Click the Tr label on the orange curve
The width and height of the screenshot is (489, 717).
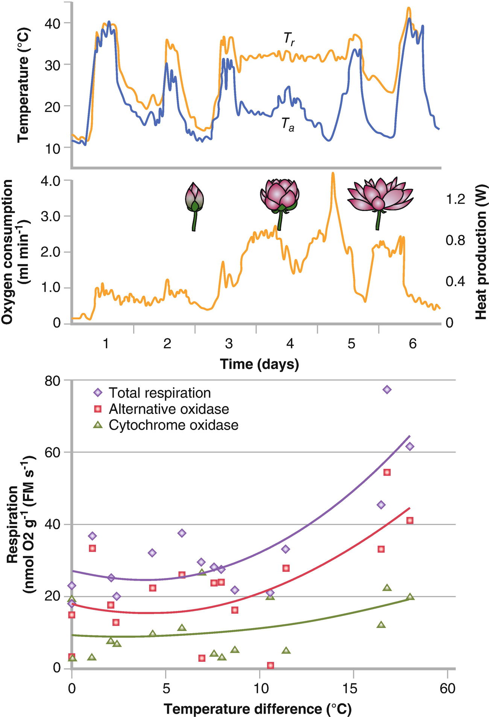coord(289,39)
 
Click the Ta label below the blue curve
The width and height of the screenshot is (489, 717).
coord(288,124)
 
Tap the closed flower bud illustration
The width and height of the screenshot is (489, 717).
coord(195,207)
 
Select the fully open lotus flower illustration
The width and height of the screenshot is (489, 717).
coord(380,203)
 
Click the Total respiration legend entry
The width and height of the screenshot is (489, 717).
coord(152,393)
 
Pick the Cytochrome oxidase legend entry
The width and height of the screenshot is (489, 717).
coord(166,425)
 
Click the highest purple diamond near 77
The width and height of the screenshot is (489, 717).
coord(387,389)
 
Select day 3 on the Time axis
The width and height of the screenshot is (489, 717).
coord(229,343)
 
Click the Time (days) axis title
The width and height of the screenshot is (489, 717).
coord(260,364)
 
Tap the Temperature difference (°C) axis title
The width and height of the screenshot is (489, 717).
coord(258,709)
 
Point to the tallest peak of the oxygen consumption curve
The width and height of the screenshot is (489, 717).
coord(333,174)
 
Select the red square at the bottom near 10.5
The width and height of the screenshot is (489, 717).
coord(270,665)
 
